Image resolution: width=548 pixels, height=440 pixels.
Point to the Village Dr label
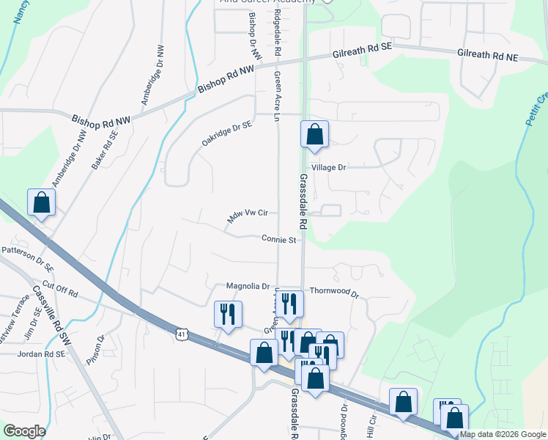coord(328,168)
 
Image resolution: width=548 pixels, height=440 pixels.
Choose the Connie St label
coord(278,239)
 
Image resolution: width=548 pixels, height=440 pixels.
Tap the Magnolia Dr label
coord(248,287)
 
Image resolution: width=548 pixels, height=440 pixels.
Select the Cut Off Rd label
coord(60,288)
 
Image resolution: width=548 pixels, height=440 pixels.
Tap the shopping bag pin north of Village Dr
coord(314,135)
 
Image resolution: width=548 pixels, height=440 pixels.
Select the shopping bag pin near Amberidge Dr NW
coord(42,203)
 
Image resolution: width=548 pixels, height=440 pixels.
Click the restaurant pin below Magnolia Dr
coord(227,315)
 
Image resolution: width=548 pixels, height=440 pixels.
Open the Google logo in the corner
coord(24,431)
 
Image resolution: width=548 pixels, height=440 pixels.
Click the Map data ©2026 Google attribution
coord(503,434)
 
